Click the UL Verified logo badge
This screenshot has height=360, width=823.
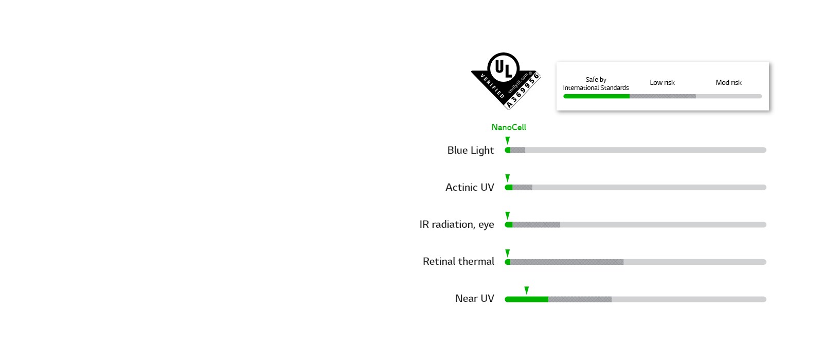coord(504,80)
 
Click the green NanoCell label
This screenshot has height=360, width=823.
coord(508,127)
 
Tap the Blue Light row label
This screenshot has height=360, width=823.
coord(470,150)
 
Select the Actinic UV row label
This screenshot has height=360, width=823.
coord(469,187)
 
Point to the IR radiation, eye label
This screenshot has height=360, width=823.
coord(456,224)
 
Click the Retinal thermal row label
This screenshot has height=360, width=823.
coord(458,261)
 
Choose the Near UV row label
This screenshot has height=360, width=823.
coord(474,298)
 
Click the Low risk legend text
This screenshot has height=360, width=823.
coord(661,82)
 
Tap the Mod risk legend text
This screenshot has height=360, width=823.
coord(728,82)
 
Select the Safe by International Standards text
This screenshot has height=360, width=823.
coord(596,83)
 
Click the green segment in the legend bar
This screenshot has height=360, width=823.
coord(596,96)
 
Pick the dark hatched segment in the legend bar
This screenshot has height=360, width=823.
coord(663,96)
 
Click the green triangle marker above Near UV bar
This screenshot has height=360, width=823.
coord(526,290)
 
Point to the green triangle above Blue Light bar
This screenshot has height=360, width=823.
coord(508,140)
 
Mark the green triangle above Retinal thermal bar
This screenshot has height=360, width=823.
coord(508,253)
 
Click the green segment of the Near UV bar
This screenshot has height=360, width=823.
coord(526,299)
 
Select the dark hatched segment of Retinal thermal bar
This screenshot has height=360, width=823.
coord(567,262)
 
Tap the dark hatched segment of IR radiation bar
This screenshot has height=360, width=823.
coord(536,225)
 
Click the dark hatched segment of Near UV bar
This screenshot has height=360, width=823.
coord(580,299)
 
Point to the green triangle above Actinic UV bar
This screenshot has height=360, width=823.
coord(508,178)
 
